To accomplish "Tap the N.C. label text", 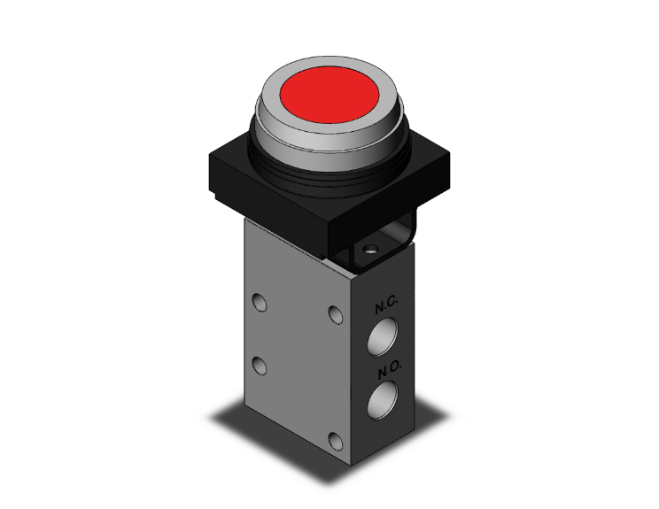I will (387, 306).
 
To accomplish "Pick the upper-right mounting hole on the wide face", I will (334, 314).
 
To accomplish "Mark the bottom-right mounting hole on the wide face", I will (334, 440).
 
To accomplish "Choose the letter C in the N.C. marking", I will (393, 306).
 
